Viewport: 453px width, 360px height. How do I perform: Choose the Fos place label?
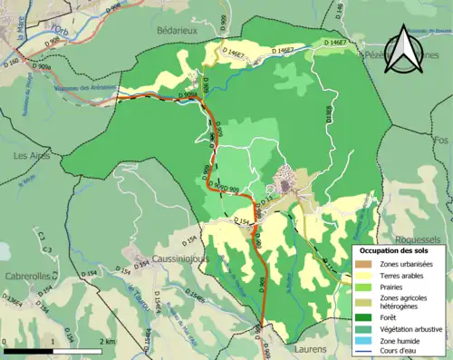(x=441, y=141)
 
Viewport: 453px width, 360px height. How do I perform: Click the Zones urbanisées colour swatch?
(x=364, y=264)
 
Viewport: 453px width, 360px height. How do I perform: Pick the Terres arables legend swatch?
(x=364, y=276)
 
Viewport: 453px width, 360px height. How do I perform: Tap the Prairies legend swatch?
(x=364, y=287)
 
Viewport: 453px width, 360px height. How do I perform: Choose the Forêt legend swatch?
(x=364, y=316)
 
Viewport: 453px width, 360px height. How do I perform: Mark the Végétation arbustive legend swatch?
(x=364, y=327)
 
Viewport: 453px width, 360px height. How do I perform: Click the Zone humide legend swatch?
(x=364, y=339)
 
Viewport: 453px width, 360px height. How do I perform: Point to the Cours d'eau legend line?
(x=364, y=351)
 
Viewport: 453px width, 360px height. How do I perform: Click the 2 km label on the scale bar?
(x=108, y=341)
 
